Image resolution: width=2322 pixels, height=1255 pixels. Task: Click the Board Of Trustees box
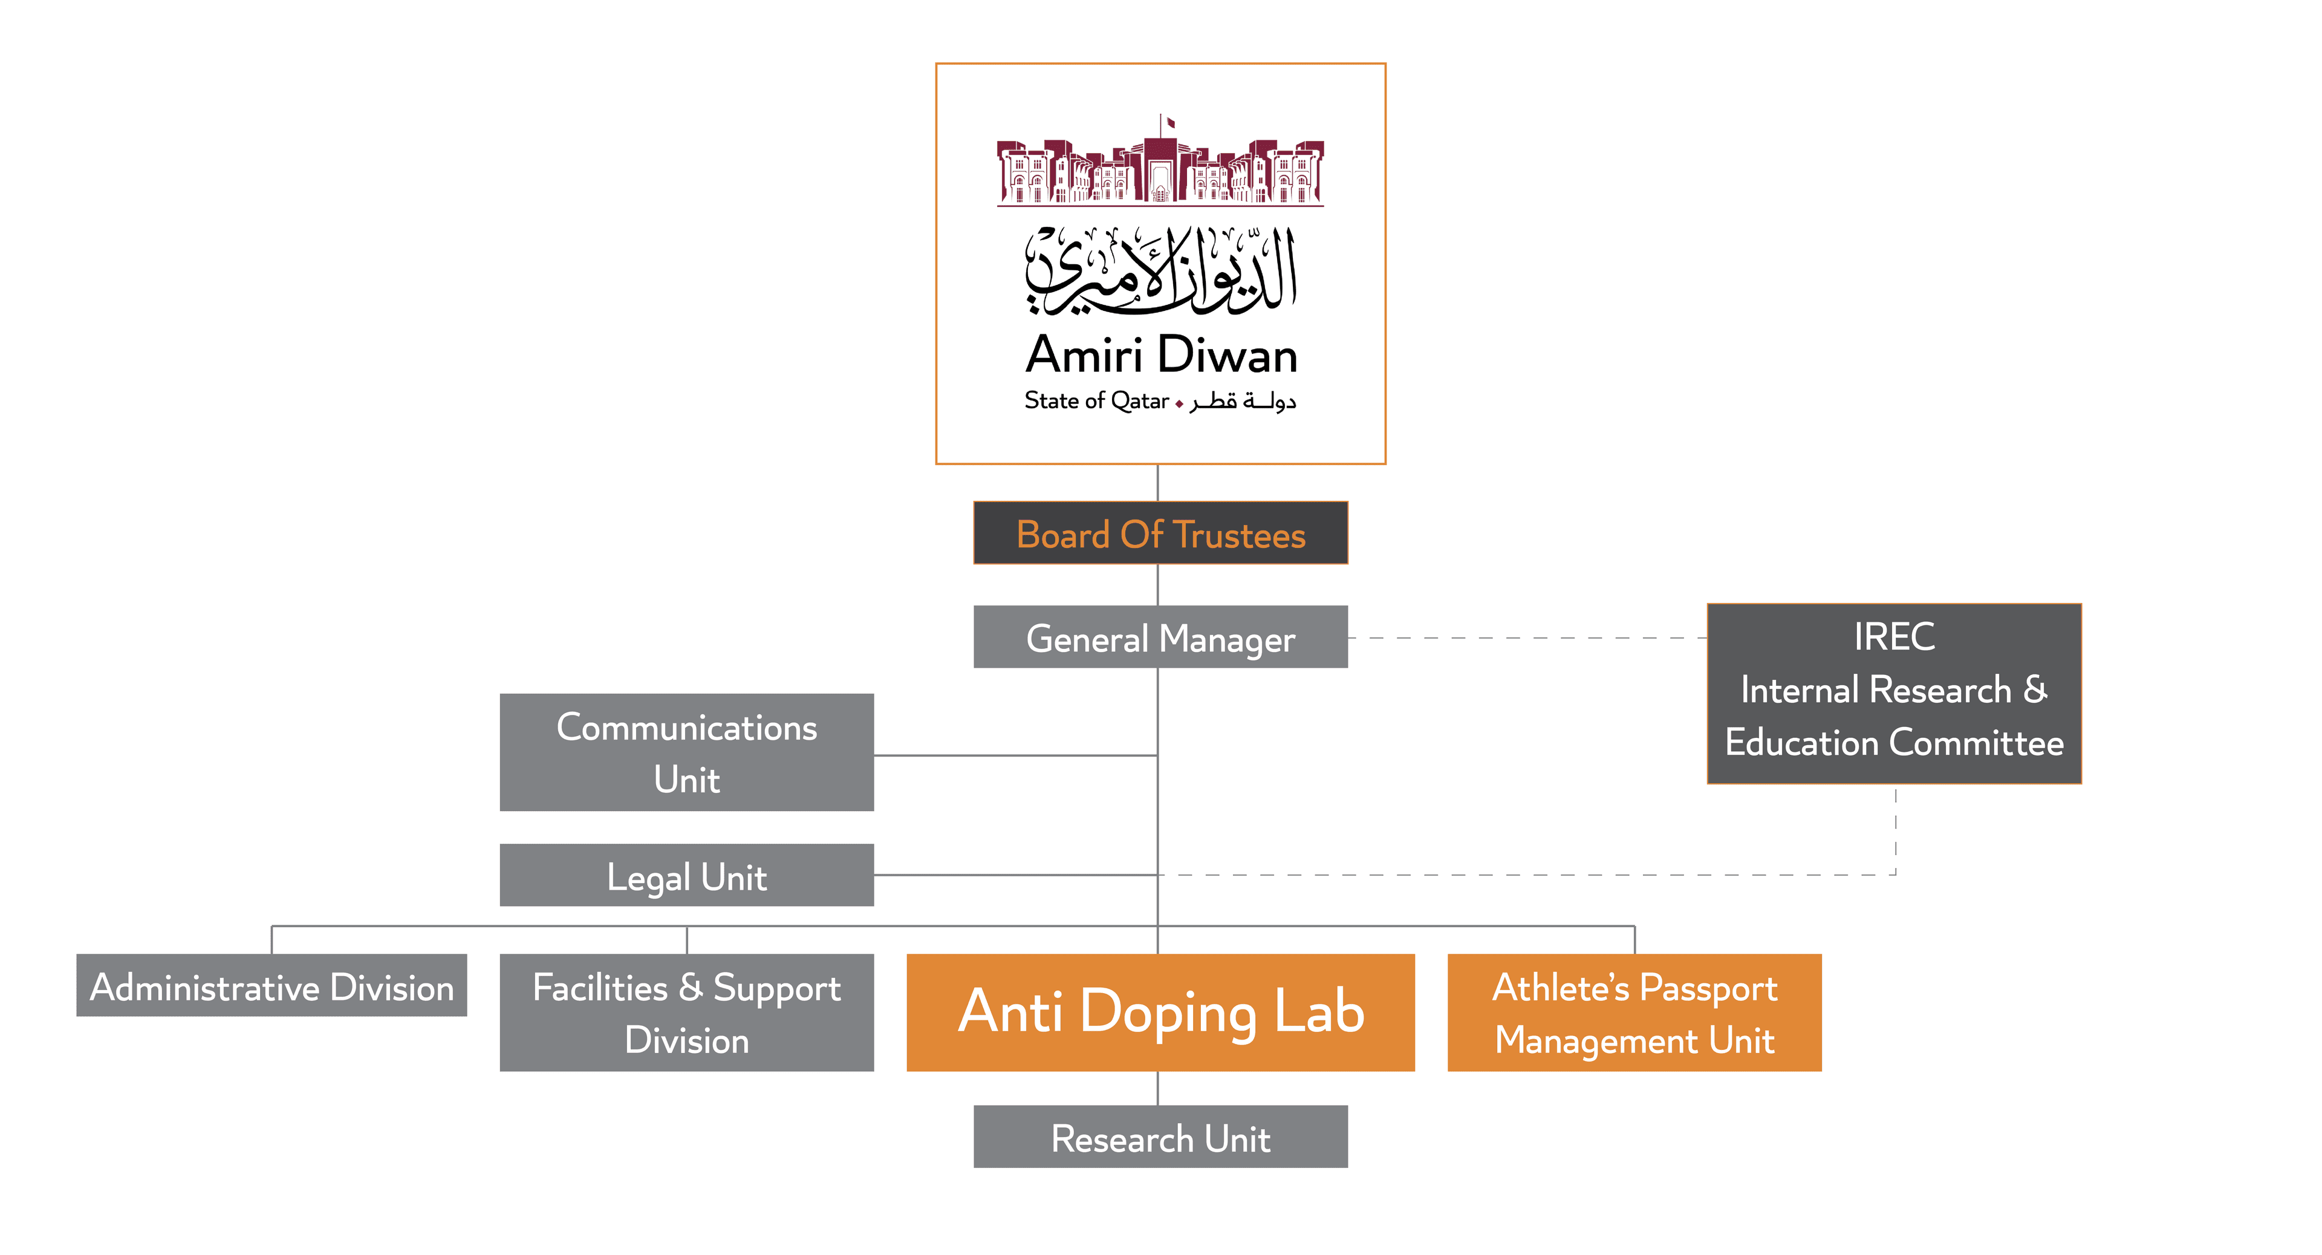[1160, 533]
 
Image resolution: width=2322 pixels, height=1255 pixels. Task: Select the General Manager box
[1160, 637]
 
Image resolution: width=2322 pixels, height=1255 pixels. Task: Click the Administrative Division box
[272, 985]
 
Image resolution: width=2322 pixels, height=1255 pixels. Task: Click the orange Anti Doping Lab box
[1160, 1012]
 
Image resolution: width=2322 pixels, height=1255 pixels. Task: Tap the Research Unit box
[1160, 1137]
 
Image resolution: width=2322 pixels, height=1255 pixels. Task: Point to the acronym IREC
[1894, 636]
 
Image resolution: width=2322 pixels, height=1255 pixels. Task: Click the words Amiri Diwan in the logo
[1161, 354]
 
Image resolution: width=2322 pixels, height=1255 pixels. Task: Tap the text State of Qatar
[1096, 400]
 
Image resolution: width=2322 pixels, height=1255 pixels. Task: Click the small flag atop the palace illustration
[1170, 122]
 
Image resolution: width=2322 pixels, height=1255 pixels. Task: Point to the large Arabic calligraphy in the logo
[1161, 270]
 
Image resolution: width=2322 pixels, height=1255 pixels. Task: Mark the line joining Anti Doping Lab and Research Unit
[1157, 1088]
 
